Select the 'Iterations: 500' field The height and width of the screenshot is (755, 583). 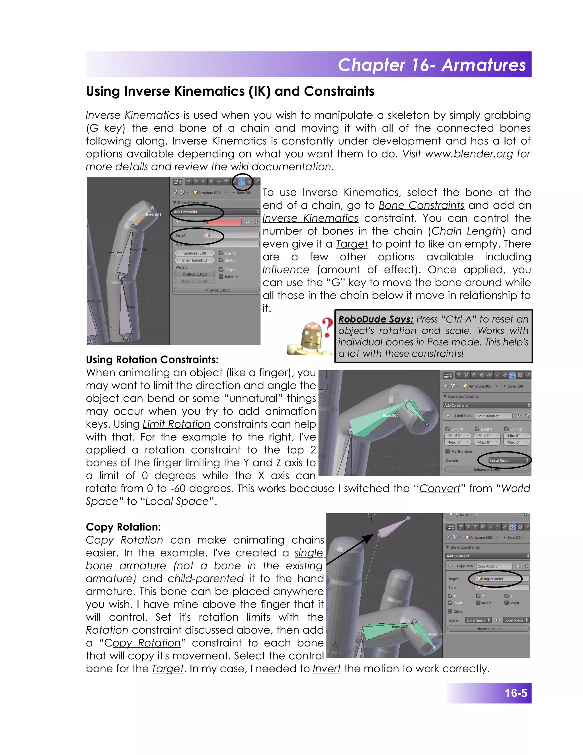[x=194, y=253]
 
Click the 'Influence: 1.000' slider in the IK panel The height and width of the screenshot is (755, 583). [x=216, y=290]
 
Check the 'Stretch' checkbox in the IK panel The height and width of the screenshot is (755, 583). [x=221, y=260]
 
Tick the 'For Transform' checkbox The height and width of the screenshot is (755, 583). [x=447, y=452]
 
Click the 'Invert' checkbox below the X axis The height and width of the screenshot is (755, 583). [x=450, y=603]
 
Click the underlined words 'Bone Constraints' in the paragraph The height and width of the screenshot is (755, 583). [x=421, y=205]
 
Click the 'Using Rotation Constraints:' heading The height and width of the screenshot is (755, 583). [x=152, y=360]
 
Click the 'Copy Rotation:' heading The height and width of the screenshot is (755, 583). [x=123, y=527]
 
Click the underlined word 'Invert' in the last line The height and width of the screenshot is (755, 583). [x=327, y=669]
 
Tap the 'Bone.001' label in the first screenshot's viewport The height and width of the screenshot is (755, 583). [x=153, y=215]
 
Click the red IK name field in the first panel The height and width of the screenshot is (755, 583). [x=223, y=222]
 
